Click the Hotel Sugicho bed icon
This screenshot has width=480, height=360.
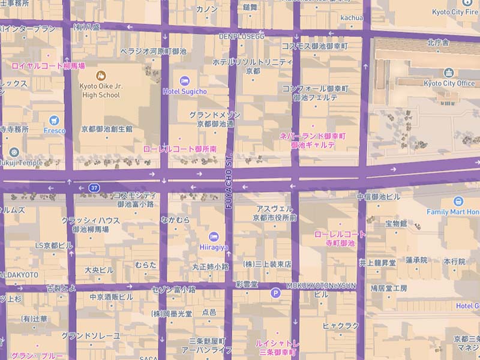point(185,80)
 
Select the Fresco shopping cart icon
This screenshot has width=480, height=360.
point(54,120)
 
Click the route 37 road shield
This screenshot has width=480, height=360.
point(94,188)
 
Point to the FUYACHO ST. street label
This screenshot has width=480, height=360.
point(229,180)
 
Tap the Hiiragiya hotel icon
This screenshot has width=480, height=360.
point(214,236)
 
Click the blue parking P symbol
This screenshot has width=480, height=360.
point(275,293)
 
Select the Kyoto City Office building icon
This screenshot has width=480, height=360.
point(449,73)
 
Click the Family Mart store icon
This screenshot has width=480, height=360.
point(459,201)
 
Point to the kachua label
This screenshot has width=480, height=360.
point(352,18)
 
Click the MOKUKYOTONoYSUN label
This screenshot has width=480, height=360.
point(322,285)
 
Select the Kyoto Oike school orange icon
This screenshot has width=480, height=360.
point(101,76)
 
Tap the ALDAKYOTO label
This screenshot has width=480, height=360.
point(19,274)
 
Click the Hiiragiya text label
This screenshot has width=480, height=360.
point(214,246)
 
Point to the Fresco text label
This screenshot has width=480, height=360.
point(54,130)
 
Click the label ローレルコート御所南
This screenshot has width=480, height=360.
point(179,148)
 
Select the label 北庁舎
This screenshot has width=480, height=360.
point(439,43)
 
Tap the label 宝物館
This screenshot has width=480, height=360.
point(396,224)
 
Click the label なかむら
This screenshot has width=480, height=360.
point(175,220)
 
